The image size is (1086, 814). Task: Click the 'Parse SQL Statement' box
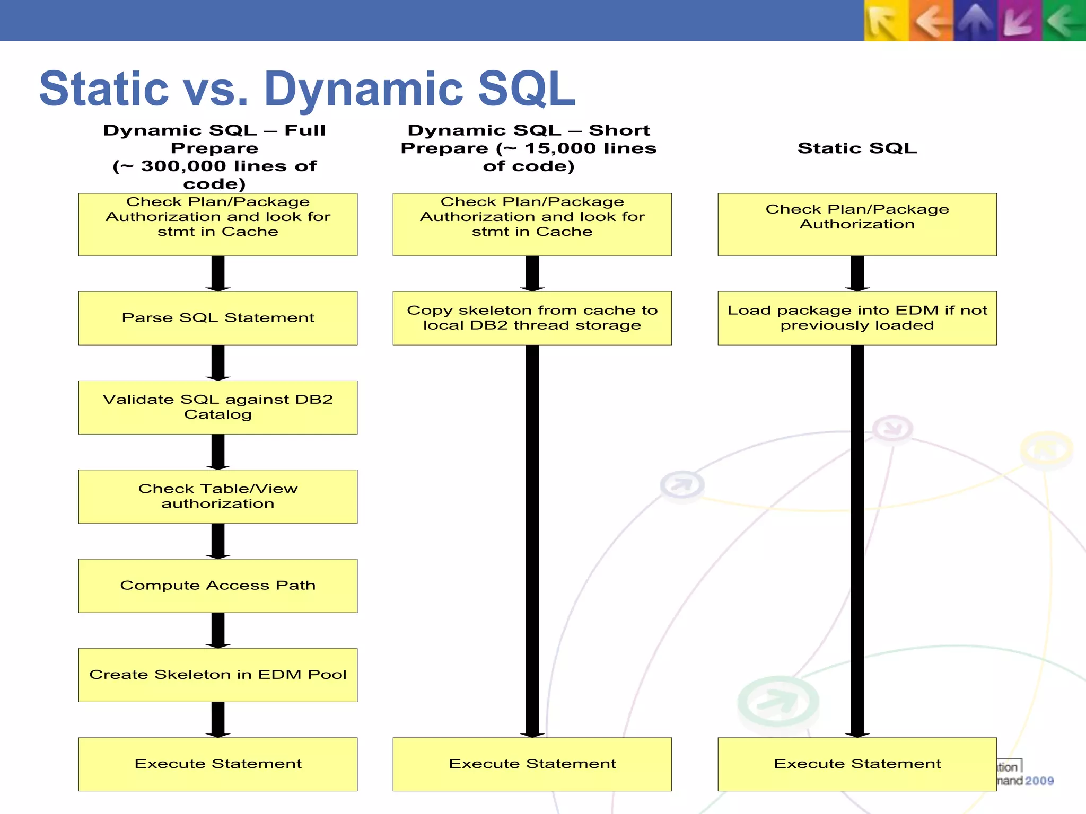click(217, 318)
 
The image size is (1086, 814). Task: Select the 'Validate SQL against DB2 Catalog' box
click(217, 407)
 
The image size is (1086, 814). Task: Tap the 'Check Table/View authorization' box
click(217, 496)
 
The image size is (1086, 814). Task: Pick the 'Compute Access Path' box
click(217, 586)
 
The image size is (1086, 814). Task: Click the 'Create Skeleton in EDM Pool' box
click(217, 675)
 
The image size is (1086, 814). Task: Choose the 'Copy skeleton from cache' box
click(532, 318)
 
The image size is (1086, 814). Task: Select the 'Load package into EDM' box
click(857, 318)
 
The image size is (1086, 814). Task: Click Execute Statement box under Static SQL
click(857, 764)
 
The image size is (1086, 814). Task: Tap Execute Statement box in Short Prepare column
click(532, 764)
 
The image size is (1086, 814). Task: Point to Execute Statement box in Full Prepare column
click(217, 764)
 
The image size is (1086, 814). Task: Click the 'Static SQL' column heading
click(857, 148)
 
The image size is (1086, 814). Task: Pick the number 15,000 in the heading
click(561, 148)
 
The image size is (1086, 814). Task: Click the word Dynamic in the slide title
click(363, 89)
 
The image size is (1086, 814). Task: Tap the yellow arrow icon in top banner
click(886, 21)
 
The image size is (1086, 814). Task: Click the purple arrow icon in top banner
click(1019, 21)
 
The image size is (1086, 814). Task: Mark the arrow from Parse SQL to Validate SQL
click(217, 362)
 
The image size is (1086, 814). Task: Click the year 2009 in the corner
click(1039, 781)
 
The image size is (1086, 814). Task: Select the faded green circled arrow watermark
click(778, 702)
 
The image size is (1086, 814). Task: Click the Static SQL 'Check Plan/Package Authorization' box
click(857, 224)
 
